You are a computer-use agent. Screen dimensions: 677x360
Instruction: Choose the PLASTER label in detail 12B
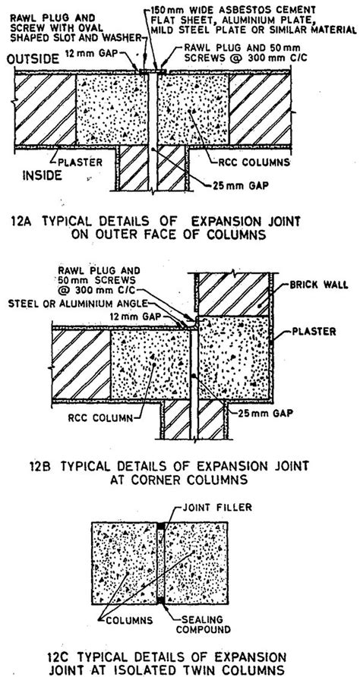click(x=311, y=332)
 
